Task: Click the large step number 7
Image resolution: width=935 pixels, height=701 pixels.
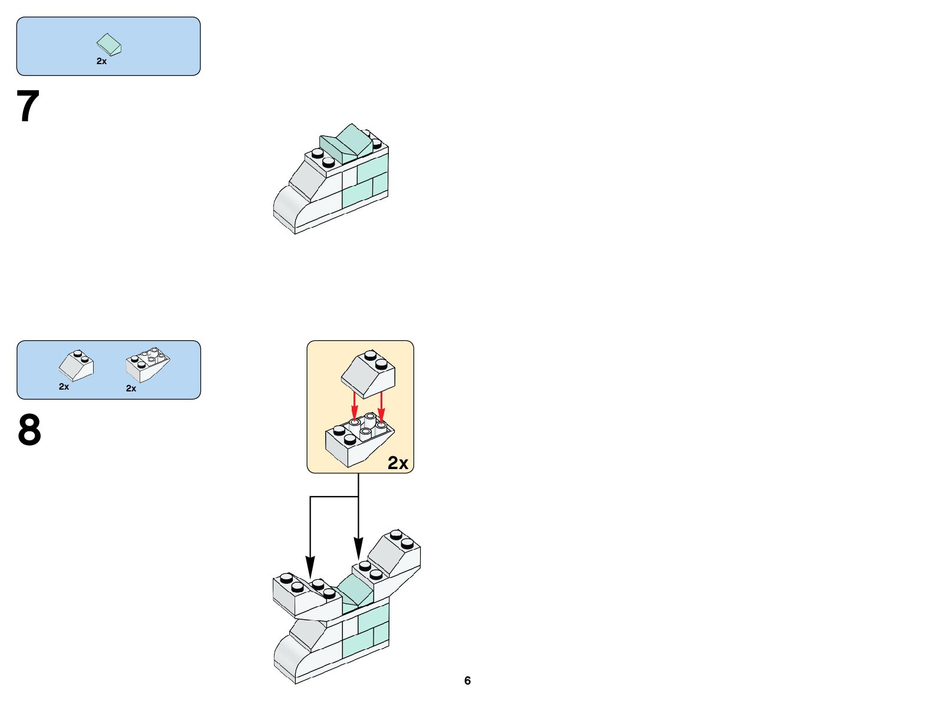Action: (28, 107)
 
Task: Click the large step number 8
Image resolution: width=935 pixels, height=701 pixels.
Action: (29, 430)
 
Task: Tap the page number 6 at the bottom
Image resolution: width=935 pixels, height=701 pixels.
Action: (467, 680)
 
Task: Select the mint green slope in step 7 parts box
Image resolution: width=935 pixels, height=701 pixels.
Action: (109, 44)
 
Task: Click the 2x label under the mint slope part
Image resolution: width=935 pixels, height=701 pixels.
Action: (101, 61)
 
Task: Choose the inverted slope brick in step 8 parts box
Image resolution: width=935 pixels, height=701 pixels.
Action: (147, 365)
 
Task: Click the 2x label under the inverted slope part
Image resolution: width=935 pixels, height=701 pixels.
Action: (131, 388)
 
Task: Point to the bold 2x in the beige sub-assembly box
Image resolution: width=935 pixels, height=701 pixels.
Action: (398, 463)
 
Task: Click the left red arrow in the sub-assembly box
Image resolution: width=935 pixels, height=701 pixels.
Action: (354, 404)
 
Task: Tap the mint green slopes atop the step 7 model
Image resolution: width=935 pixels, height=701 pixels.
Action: (348, 143)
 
